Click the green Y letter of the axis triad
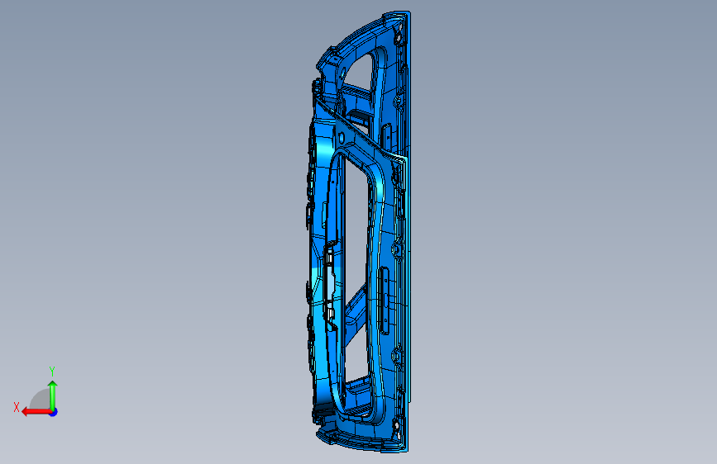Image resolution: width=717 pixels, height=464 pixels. (x=52, y=371)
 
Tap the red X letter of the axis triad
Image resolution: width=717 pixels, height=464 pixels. (x=17, y=407)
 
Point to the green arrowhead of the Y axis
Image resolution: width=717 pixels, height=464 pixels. (x=53, y=385)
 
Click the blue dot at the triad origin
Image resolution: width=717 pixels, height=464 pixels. (x=54, y=412)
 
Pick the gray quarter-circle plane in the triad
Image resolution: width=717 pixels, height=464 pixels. (x=41, y=400)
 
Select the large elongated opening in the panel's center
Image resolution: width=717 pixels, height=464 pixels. (x=356, y=238)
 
